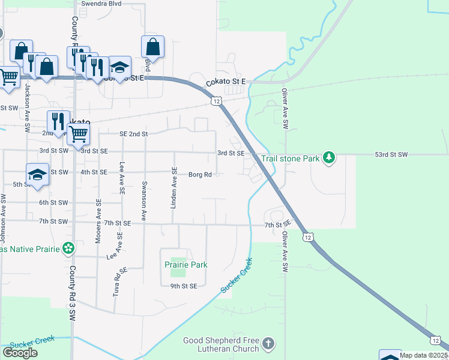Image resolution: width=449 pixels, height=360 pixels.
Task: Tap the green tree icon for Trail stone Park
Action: point(328,158)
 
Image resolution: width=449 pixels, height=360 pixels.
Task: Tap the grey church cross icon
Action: point(268,344)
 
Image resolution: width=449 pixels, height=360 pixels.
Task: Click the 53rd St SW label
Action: point(391,155)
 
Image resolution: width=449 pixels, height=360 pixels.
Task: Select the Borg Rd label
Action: point(200,175)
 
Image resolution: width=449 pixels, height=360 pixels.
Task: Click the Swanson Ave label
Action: point(144,201)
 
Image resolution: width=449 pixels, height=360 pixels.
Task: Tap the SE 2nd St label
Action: point(133,134)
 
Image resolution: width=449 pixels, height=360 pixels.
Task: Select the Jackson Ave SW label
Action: point(27,107)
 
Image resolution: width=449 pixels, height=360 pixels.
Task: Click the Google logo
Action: point(20,353)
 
